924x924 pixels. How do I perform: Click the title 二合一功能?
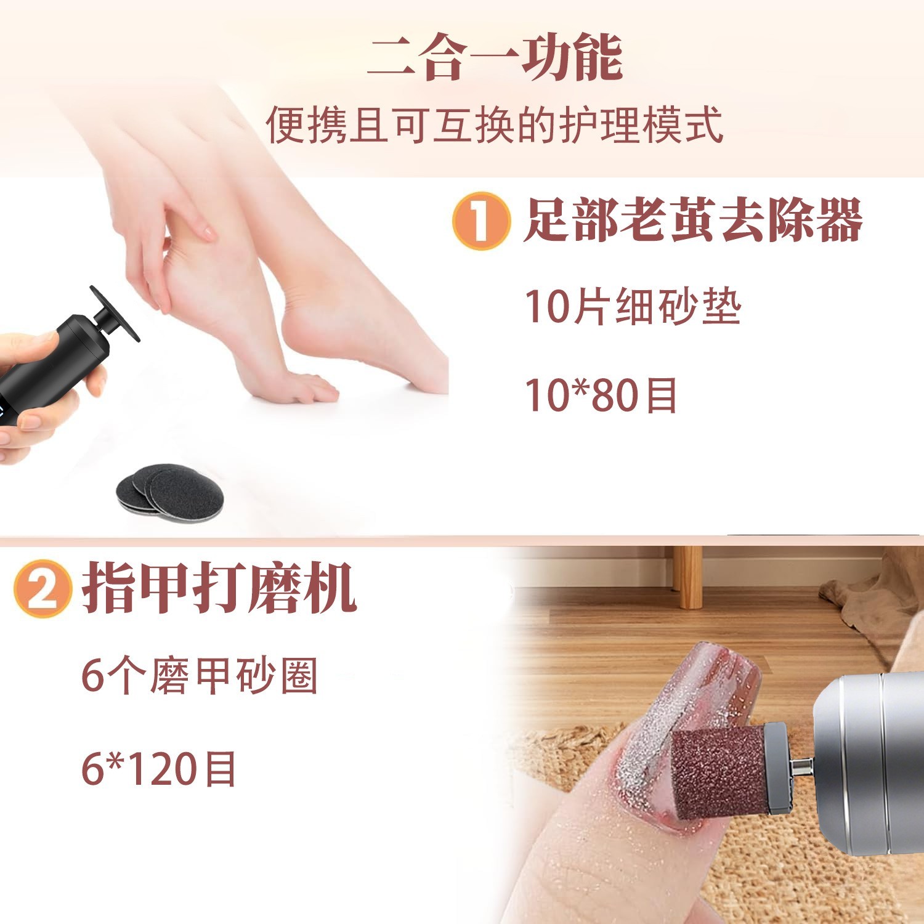tap(495, 58)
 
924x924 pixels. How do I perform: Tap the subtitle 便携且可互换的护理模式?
tap(495, 125)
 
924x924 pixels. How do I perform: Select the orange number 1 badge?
tap(481, 221)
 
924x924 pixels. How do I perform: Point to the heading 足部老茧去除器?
tap(692, 221)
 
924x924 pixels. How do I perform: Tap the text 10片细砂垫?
tap(633, 306)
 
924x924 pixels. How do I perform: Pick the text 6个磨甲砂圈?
tap(200, 676)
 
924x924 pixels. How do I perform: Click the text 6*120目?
tap(159, 769)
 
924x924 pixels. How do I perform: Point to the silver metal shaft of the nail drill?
tap(801, 767)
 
